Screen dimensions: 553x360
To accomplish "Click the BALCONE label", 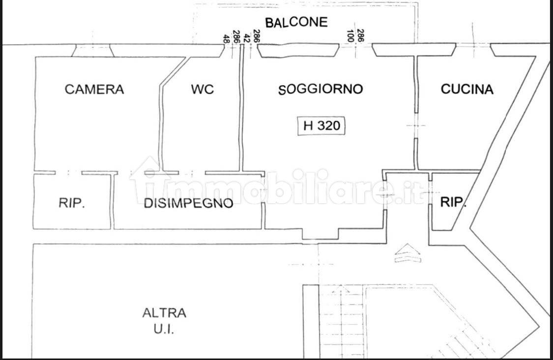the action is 296,22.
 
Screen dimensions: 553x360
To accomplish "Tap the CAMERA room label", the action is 94,89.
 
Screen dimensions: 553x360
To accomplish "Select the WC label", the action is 203,89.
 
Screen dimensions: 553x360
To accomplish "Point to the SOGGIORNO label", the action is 320,89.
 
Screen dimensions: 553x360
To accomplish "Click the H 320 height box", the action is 321,126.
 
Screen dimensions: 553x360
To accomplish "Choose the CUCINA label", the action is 467,89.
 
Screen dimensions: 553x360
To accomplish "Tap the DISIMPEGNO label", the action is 188,203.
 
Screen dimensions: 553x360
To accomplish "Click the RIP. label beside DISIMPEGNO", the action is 72,203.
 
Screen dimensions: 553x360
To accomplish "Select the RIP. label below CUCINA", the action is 453,202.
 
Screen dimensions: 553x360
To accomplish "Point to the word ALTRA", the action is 164,313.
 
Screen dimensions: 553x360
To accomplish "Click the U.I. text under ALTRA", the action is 164,330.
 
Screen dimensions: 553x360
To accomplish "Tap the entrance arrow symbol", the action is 407,253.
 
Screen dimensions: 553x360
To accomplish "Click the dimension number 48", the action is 226,38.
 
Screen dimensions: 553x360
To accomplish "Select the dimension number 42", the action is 247,38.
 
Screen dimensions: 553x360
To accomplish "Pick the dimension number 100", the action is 350,35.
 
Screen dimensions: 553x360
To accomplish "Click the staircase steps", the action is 342,322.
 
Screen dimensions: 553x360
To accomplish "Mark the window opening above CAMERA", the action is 93,51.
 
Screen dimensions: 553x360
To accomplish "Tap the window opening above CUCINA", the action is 473,50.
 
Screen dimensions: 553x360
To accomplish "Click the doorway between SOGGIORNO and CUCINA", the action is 416,125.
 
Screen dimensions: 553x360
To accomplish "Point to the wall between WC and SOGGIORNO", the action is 242,109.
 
